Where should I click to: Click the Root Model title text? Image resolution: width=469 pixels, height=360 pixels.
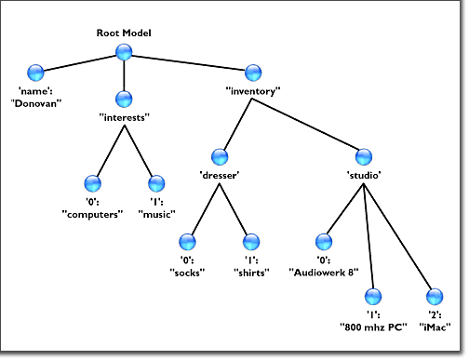124,33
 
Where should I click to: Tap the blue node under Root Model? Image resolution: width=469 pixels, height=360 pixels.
124,52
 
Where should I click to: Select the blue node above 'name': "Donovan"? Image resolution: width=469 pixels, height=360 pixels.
35,73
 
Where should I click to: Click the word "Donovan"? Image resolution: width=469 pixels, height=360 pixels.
36,103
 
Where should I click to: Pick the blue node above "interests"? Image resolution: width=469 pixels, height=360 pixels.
124,100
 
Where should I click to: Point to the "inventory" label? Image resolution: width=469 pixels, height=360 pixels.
253,91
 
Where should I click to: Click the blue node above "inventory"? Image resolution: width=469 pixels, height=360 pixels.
253,73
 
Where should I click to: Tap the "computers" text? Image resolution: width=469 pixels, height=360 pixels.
92,214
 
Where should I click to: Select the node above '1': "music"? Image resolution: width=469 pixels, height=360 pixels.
156,183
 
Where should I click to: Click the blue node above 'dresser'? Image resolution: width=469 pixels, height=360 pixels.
220,157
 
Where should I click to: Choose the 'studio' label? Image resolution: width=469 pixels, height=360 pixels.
364,176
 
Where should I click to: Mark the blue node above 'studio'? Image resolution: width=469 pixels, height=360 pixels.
364,157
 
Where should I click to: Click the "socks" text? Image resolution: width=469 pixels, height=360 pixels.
187,273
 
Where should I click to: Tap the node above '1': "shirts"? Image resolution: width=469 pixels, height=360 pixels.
251,242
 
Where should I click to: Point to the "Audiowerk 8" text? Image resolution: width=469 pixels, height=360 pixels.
324,273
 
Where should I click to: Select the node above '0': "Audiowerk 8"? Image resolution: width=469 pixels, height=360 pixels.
324,242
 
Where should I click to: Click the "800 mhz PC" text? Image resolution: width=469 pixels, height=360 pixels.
373,327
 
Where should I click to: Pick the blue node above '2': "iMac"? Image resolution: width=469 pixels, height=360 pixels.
435,297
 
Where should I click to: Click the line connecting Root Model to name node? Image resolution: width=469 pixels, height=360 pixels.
80,63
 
